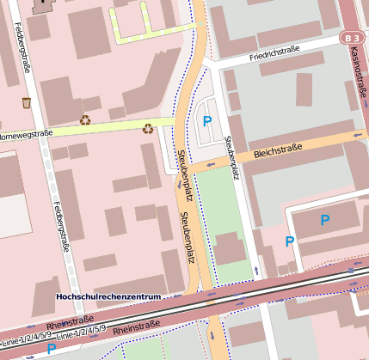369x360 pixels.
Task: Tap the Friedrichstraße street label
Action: (x=274, y=52)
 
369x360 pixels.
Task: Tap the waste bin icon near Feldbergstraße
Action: (x=27, y=102)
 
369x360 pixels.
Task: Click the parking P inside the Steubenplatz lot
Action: (x=206, y=121)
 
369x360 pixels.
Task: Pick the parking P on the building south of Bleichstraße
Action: (x=324, y=220)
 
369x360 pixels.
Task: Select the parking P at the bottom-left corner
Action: (x=52, y=349)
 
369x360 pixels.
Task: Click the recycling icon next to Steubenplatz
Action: (x=148, y=129)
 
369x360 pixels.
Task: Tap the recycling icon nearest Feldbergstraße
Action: (x=85, y=120)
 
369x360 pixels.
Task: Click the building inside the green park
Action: (x=229, y=249)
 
